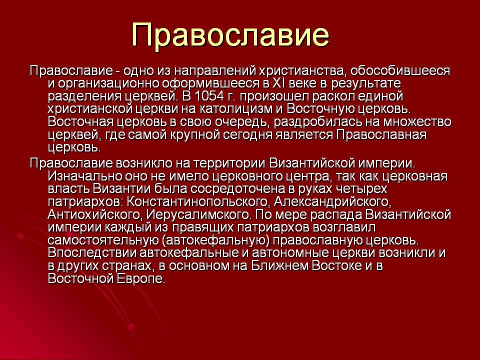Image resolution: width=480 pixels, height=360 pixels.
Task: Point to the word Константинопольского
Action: (197, 201)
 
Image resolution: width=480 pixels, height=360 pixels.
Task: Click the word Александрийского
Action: (332, 201)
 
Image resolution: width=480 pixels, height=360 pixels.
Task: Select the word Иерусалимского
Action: (198, 214)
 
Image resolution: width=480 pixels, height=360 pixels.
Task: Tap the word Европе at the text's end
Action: (140, 279)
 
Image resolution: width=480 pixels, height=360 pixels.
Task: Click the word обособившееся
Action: (400, 71)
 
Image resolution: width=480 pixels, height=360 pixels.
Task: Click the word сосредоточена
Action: (237, 189)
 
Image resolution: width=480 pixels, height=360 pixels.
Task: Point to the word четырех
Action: (361, 189)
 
